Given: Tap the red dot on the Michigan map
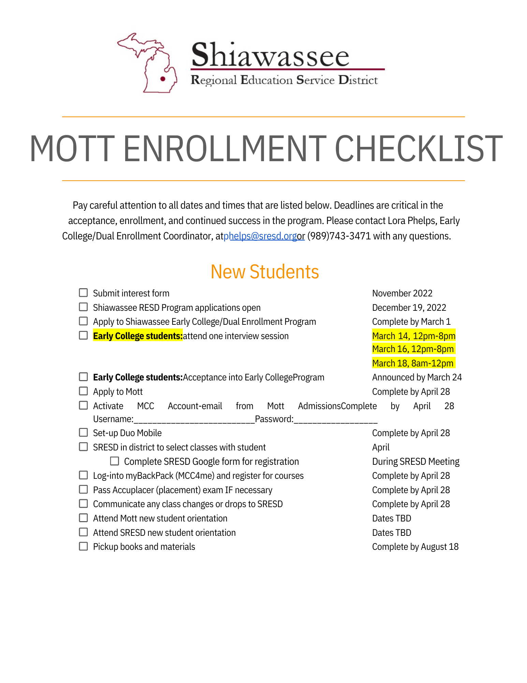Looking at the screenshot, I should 163,79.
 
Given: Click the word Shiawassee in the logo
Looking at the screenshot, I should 270,55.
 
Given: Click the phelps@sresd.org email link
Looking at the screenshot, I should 260,236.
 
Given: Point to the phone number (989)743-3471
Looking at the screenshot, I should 339,236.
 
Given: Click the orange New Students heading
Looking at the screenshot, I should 265,272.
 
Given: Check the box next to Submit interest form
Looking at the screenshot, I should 83,293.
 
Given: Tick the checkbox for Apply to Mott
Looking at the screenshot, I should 83,391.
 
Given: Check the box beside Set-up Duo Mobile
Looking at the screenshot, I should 83,432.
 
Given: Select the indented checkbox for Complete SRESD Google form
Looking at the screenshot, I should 115,461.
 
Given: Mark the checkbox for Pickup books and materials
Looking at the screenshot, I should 83,546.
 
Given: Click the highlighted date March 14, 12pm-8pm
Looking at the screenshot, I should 413,336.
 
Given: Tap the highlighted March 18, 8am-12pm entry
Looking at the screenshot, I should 413,363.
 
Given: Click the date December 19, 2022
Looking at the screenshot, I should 409,308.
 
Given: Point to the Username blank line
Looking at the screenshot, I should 194,420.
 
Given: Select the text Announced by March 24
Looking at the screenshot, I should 417,377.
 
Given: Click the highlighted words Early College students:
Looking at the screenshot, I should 138,336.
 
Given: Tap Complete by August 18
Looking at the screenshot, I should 415,547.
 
